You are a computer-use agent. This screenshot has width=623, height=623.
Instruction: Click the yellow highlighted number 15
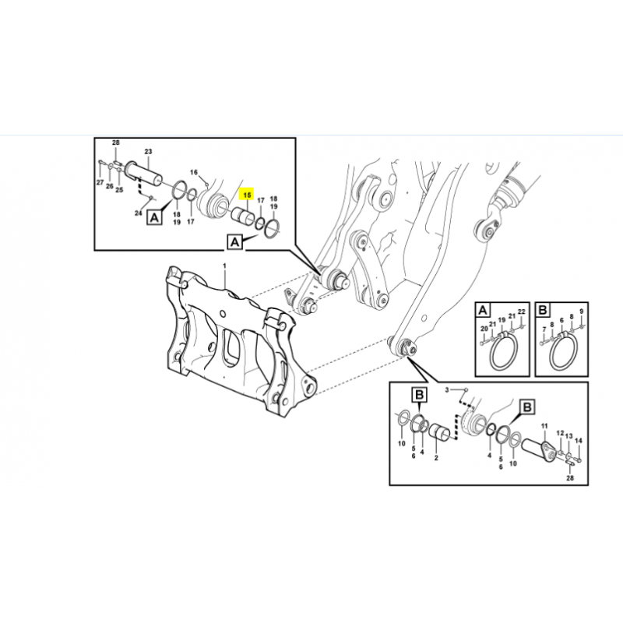[x=247, y=195]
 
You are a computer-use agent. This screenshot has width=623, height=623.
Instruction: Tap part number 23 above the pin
[x=148, y=151]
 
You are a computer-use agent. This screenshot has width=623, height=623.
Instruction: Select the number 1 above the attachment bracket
[x=224, y=265]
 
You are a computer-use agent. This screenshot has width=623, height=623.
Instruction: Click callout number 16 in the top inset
[x=193, y=172]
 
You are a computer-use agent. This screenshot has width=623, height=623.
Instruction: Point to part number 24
[x=138, y=213]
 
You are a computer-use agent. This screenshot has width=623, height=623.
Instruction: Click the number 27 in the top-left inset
[x=100, y=182]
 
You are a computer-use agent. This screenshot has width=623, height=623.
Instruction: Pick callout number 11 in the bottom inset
[x=544, y=426]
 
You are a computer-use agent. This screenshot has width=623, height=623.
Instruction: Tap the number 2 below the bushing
[x=436, y=458]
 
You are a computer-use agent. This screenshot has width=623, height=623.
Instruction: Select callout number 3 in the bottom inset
[x=446, y=390]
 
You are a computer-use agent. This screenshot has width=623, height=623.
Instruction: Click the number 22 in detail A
[x=522, y=311]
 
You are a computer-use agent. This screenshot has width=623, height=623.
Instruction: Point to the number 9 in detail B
[x=581, y=311]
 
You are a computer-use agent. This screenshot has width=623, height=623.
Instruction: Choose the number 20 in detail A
[x=484, y=329]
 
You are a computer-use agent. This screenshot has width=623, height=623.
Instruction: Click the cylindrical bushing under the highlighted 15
[x=243, y=216]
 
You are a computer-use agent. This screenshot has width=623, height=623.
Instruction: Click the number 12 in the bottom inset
[x=560, y=433]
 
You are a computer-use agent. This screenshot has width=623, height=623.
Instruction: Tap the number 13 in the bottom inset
[x=569, y=436]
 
